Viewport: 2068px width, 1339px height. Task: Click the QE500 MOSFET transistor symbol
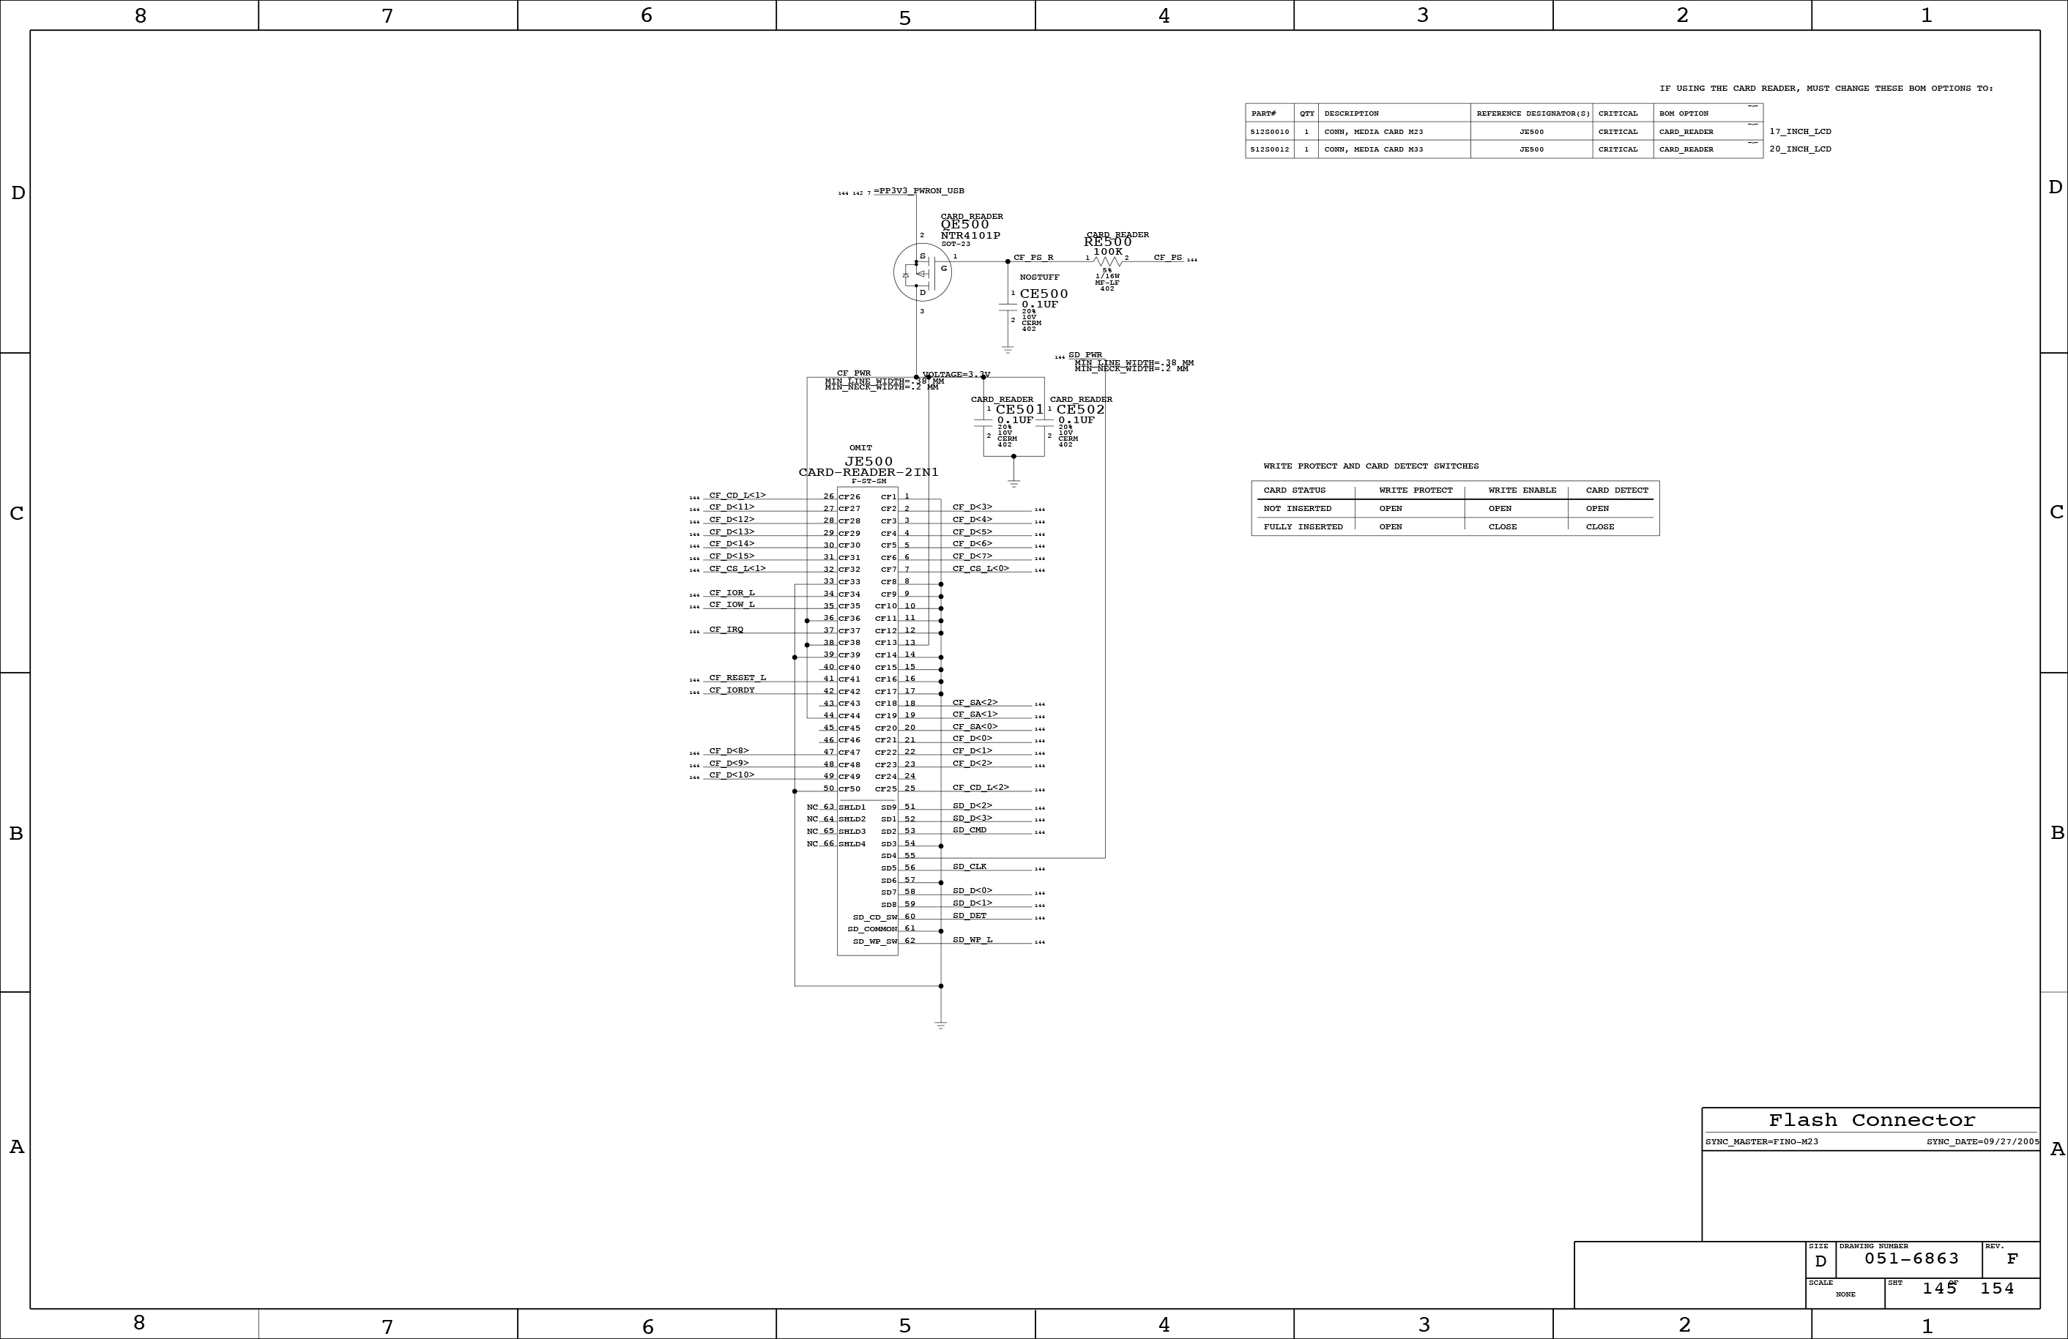922,272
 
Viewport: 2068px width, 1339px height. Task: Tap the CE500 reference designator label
1044,294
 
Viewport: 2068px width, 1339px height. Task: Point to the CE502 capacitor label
1080,409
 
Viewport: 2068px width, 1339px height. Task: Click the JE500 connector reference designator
868,461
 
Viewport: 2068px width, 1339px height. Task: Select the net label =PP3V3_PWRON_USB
918,191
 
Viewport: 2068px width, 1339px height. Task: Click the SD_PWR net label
1085,354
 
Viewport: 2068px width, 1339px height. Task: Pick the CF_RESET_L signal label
737,678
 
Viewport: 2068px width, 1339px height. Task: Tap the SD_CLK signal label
970,866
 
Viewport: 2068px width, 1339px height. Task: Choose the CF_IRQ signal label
726,629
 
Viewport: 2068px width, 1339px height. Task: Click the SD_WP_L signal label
972,939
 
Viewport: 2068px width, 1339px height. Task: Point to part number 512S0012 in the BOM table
1270,149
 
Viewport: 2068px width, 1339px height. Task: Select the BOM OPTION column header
1683,113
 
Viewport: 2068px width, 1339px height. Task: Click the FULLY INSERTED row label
1303,526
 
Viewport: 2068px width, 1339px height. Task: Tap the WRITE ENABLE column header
1522,490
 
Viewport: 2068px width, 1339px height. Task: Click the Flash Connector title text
1872,1120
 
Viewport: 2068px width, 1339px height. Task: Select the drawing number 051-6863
1911,1258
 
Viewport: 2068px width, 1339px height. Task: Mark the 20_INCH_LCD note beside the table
1799,149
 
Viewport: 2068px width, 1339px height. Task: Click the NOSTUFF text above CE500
1039,277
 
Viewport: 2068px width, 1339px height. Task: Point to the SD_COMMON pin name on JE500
871,929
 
